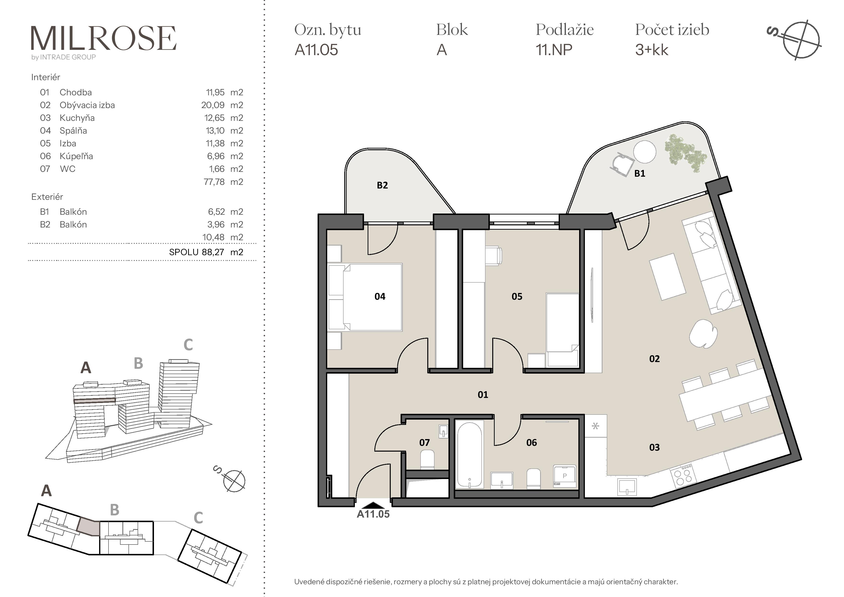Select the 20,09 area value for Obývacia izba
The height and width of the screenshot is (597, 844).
[x=213, y=105]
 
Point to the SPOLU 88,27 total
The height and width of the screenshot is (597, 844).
[x=197, y=252]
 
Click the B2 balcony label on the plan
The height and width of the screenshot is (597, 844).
[x=382, y=185]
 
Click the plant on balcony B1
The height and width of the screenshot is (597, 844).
[x=685, y=153]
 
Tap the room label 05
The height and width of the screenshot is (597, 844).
[x=517, y=297]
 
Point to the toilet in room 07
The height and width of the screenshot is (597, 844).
[x=427, y=460]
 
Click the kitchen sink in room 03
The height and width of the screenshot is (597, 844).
[x=627, y=487]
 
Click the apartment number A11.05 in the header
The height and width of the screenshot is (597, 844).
[x=316, y=50]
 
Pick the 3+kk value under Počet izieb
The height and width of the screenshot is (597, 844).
[x=652, y=50]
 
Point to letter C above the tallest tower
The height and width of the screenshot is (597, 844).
[x=188, y=345]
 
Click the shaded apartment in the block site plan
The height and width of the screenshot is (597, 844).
[x=89, y=526]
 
